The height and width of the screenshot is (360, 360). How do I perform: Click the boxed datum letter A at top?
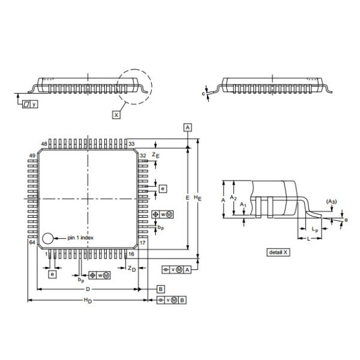point(188,127)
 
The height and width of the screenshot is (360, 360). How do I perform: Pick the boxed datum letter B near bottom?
point(161,289)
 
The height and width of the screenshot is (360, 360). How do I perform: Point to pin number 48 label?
point(44,144)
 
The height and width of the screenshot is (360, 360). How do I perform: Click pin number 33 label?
point(131,144)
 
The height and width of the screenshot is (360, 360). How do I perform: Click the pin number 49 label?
point(32,155)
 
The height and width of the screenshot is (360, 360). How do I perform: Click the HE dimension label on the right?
point(201,199)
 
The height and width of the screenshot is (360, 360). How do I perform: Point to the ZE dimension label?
point(155,155)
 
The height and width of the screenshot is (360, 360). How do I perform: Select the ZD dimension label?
point(133,268)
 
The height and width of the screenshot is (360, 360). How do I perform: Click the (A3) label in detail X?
point(331,201)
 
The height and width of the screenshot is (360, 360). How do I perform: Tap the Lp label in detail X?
point(315,230)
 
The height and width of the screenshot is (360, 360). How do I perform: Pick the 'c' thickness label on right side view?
point(204,93)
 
